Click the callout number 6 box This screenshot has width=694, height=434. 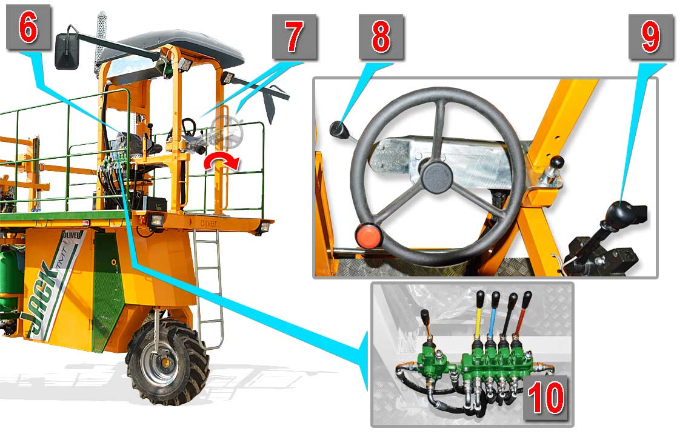28,27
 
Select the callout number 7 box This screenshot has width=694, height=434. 295,37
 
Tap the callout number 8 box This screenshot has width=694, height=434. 381,37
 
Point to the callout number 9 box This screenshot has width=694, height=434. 651,37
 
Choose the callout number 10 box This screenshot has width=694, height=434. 546,398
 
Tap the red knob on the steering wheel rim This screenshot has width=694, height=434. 369,236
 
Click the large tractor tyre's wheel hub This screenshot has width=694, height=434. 165,362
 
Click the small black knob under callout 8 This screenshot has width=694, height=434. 338,129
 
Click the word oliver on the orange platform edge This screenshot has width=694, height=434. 209,224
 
